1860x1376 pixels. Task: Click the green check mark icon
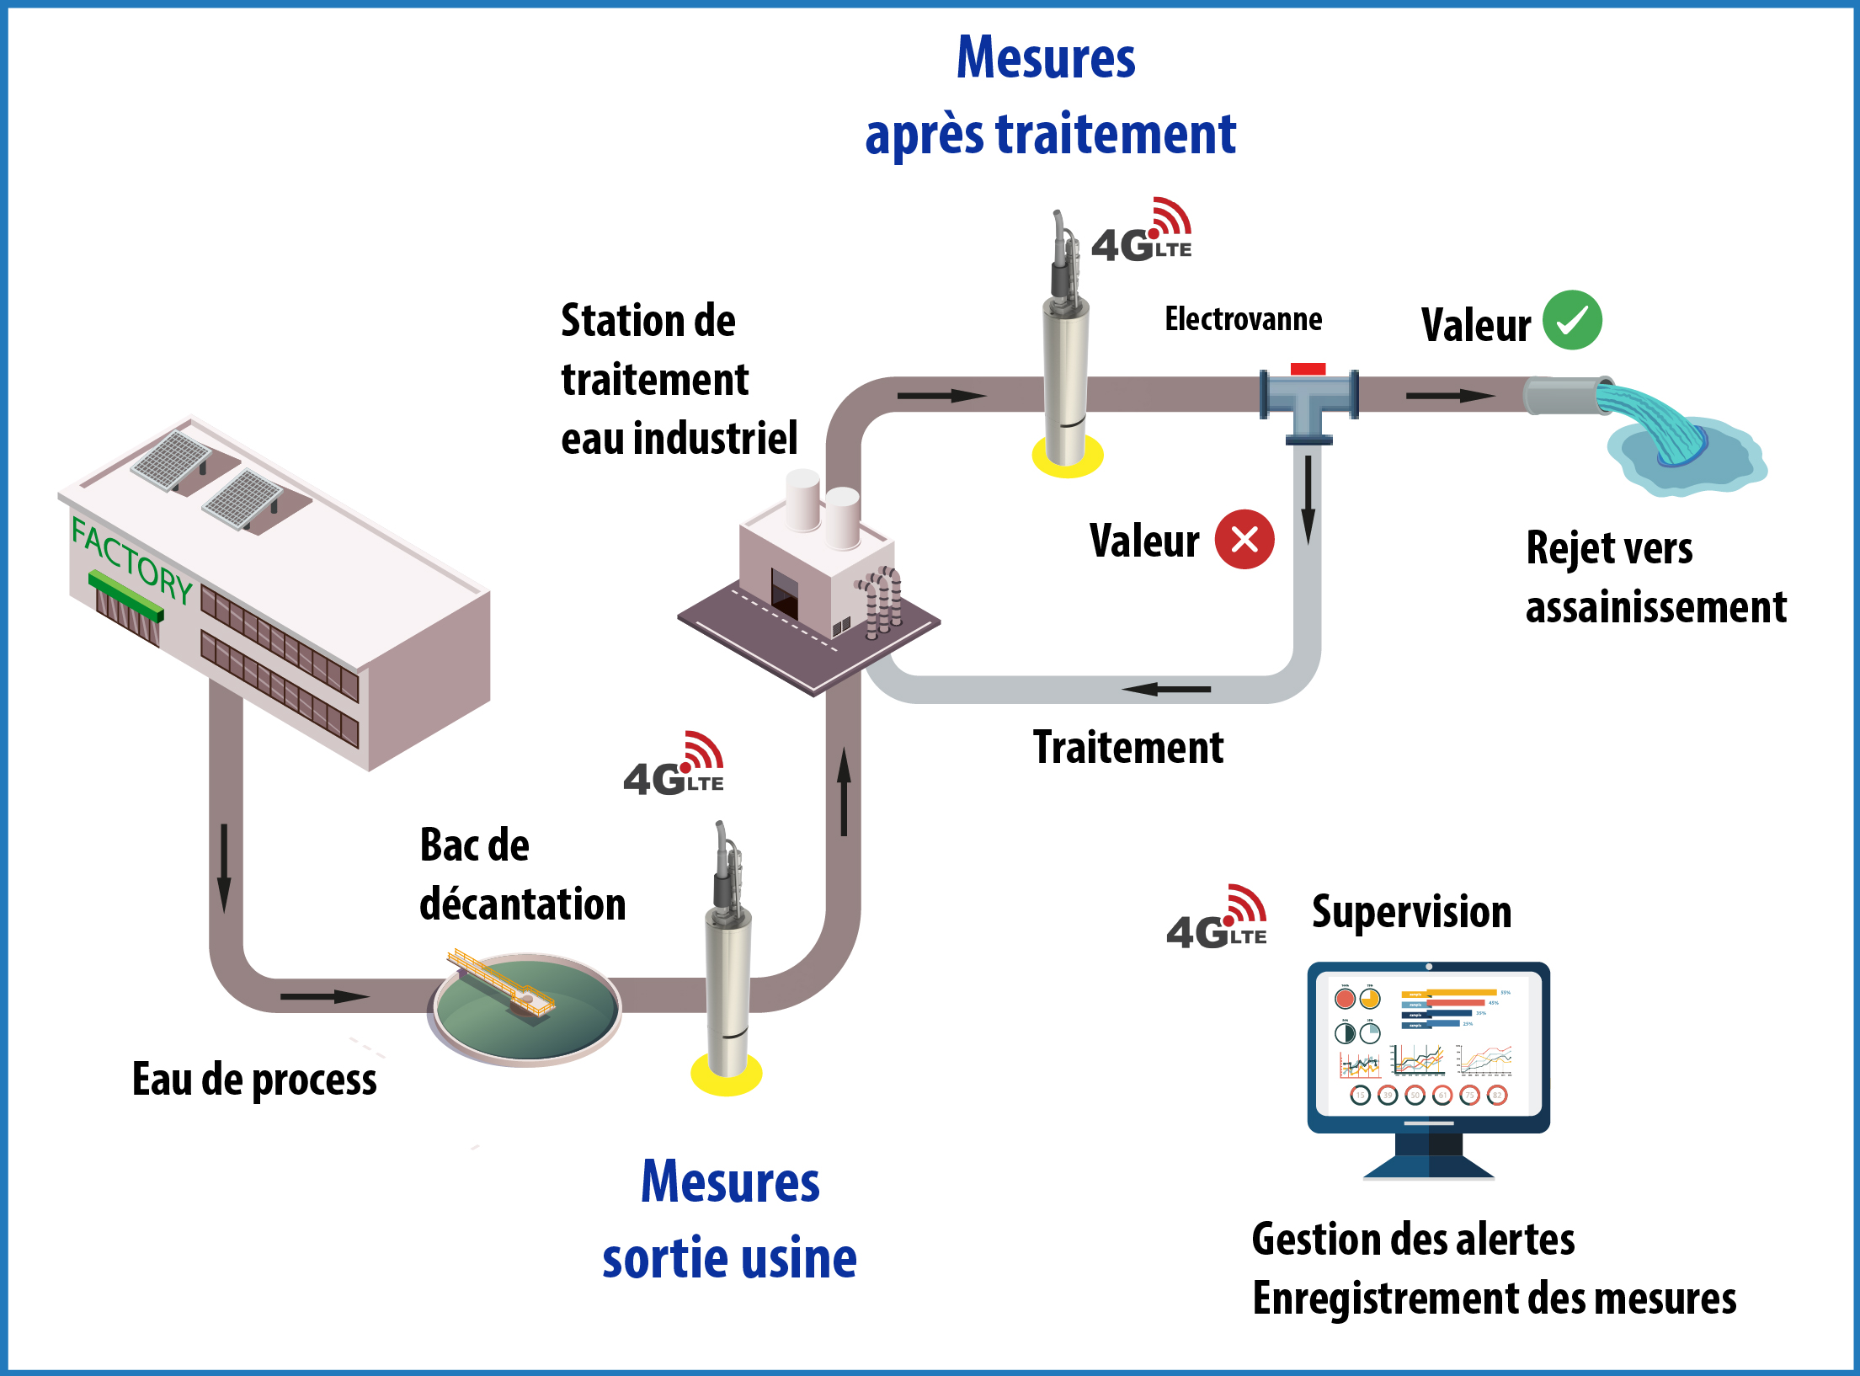coord(1571,320)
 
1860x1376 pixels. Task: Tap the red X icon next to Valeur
coord(1244,540)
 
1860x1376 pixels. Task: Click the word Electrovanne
coord(1243,319)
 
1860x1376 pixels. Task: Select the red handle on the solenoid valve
coord(1308,369)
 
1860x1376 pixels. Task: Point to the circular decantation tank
coord(527,1010)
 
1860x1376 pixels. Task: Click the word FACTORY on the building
coord(132,560)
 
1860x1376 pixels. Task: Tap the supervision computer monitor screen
coord(1428,1044)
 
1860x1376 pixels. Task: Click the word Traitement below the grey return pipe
coord(1127,748)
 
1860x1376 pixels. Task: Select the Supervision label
coord(1411,912)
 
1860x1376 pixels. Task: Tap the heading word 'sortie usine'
coord(729,1258)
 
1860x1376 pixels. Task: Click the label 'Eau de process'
coord(254,1080)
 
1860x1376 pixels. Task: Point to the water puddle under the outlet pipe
coord(1684,459)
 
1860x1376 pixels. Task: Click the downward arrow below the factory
coord(224,867)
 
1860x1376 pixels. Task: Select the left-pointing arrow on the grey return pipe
coord(1166,689)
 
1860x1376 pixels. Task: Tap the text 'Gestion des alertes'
coord(1413,1240)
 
